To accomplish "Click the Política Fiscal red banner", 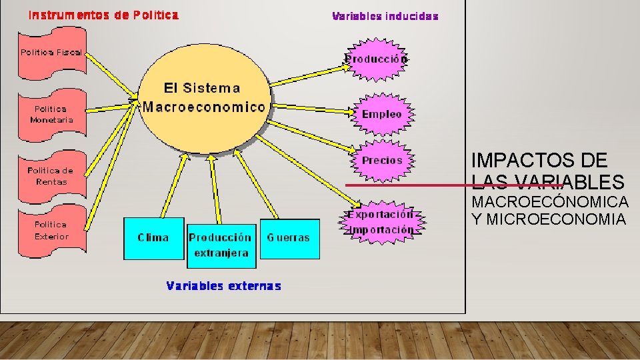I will (x=51, y=53).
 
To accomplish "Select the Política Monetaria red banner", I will (x=51, y=114).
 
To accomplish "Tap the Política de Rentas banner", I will (x=51, y=176).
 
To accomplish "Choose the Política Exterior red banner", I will (x=51, y=231).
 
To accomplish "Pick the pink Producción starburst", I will (x=376, y=59).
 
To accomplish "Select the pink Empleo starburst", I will (x=382, y=114).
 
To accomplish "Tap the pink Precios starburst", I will (x=382, y=161).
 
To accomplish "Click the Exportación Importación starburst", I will (x=381, y=222).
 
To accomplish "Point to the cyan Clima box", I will (x=153, y=238).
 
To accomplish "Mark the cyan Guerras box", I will (x=289, y=238).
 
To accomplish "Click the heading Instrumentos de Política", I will (x=103, y=15).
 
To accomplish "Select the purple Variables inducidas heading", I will (x=385, y=16).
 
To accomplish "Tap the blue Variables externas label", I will (x=223, y=286).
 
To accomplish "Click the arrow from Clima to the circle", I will (x=177, y=187).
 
